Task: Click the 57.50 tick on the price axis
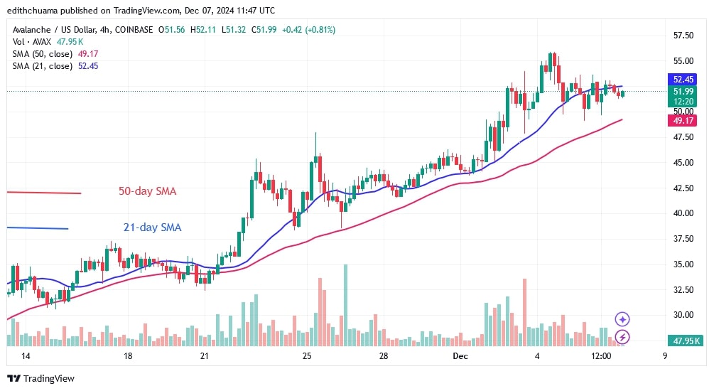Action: click(x=683, y=35)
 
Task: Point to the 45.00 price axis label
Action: click(x=683, y=162)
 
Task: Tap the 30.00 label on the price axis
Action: click(x=683, y=315)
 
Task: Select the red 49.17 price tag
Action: click(x=683, y=122)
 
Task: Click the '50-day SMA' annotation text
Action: click(x=147, y=191)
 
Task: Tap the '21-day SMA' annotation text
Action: click(x=151, y=227)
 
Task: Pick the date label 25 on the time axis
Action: click(x=306, y=355)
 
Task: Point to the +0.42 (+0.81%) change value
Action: click(x=309, y=29)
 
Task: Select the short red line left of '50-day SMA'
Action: click(x=44, y=193)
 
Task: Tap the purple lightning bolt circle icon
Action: click(x=622, y=337)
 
